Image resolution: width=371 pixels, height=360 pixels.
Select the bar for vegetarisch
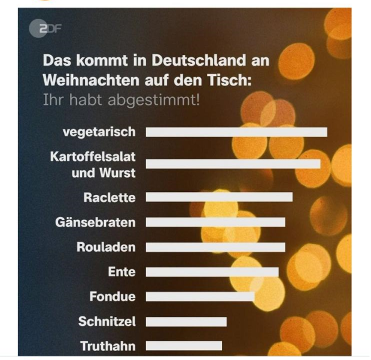point(236,132)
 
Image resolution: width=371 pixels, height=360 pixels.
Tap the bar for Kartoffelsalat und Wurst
point(233,164)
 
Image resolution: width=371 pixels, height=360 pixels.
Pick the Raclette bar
point(219,197)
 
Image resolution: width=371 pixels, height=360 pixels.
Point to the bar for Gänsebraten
point(215,222)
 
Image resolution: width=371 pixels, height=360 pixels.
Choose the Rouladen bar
point(215,247)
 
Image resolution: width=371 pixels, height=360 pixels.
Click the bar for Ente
point(212,272)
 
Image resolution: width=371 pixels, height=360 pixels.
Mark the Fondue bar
point(200,297)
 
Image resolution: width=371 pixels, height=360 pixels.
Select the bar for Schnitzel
point(186,322)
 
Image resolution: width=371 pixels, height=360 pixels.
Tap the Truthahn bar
point(184,346)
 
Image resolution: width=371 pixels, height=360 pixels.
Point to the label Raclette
point(110,197)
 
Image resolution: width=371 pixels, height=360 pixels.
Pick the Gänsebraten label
point(95,222)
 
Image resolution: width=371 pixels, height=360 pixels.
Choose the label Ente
point(121,272)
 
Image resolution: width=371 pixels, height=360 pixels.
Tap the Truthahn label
point(108,346)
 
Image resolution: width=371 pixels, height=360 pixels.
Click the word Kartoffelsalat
point(93,157)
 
